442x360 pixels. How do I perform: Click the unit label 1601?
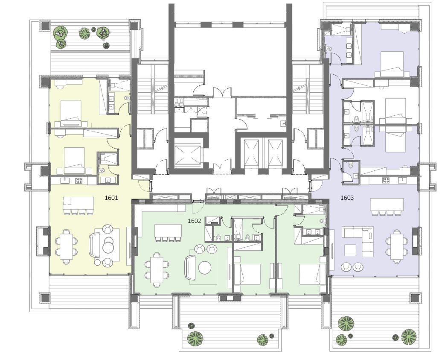[x=111, y=198]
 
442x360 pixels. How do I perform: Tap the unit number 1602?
[x=194, y=221]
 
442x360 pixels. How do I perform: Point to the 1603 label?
[x=347, y=198]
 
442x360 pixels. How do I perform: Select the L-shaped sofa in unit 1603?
[x=358, y=237]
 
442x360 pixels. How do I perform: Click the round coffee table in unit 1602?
[x=205, y=267]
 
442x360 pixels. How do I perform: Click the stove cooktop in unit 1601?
[x=78, y=180]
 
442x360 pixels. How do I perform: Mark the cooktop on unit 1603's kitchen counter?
[x=386, y=180]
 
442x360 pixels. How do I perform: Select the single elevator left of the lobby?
[x=187, y=155]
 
